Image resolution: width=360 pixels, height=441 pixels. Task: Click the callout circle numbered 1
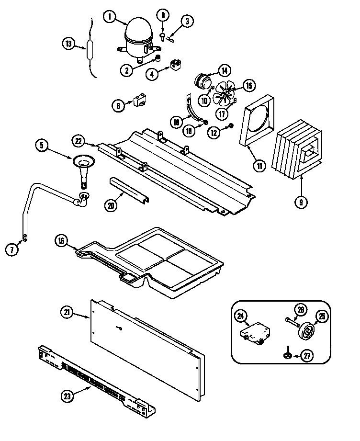coord(110,17)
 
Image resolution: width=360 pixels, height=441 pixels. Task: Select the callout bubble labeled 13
coord(68,44)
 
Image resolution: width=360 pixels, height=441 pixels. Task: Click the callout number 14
coord(224,71)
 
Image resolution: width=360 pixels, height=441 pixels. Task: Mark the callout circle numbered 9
coord(301,202)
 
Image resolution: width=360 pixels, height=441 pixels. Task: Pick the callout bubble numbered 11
coord(259,166)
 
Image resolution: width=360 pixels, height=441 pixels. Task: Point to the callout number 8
coord(163,15)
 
